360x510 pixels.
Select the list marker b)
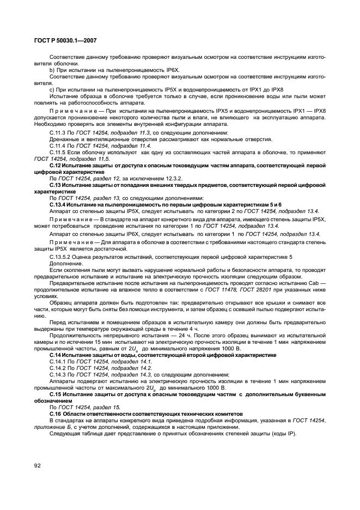coord(52,71)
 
